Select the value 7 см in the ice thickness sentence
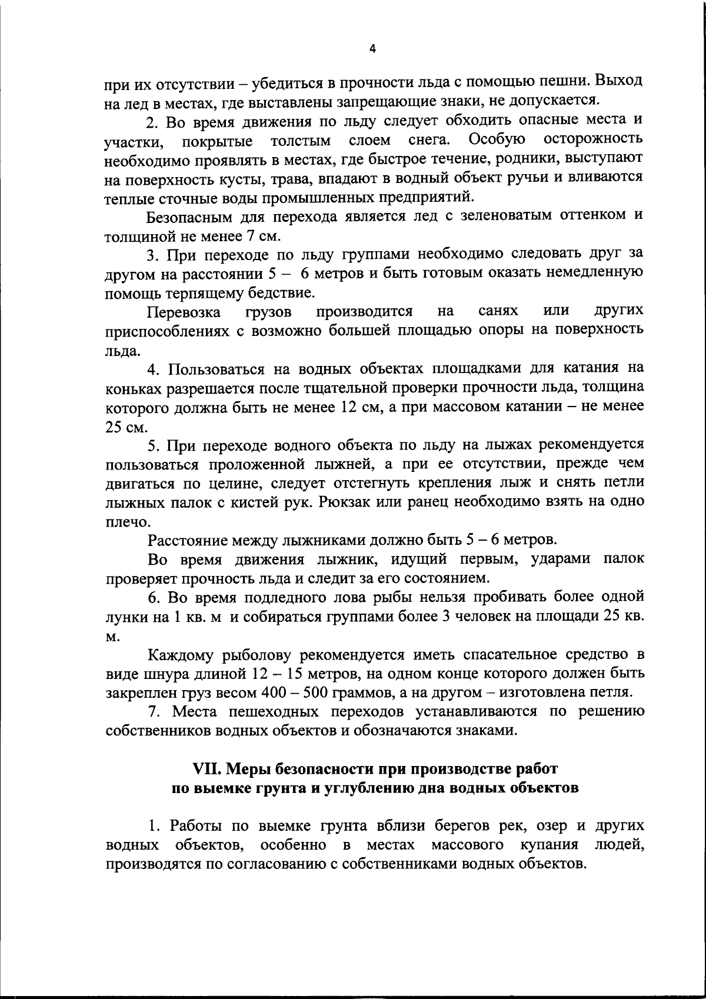[262, 237]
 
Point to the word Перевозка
[184, 311]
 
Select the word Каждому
[181, 654]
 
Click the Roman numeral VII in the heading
[207, 769]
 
